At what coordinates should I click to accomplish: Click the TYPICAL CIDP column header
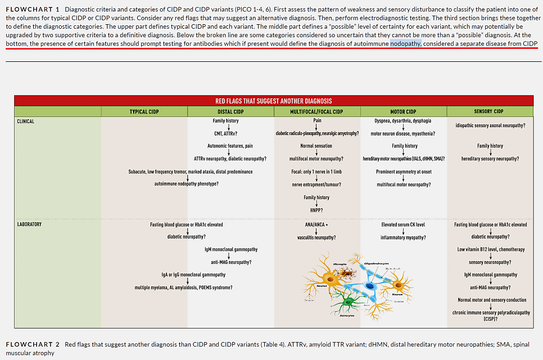click(x=144, y=111)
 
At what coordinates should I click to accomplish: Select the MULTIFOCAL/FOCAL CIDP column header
click(x=317, y=111)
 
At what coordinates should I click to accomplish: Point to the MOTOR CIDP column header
click(x=403, y=111)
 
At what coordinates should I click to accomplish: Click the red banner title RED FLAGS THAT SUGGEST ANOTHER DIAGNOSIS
click(x=273, y=101)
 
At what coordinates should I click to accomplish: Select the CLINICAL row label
click(x=26, y=121)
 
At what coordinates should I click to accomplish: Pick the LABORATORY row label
click(x=29, y=224)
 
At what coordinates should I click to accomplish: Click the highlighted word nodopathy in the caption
click(x=405, y=44)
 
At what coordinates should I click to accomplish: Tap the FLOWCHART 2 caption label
click(x=33, y=344)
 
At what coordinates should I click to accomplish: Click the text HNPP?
click(x=316, y=210)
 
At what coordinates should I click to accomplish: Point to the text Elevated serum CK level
click(x=403, y=224)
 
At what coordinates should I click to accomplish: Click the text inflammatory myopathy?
click(x=403, y=237)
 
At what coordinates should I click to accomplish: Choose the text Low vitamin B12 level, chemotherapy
click(x=490, y=249)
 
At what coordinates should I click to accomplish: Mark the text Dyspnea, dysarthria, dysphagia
click(x=403, y=121)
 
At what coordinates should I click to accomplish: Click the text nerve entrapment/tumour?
click(x=316, y=184)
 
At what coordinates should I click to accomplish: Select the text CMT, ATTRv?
click(x=225, y=133)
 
